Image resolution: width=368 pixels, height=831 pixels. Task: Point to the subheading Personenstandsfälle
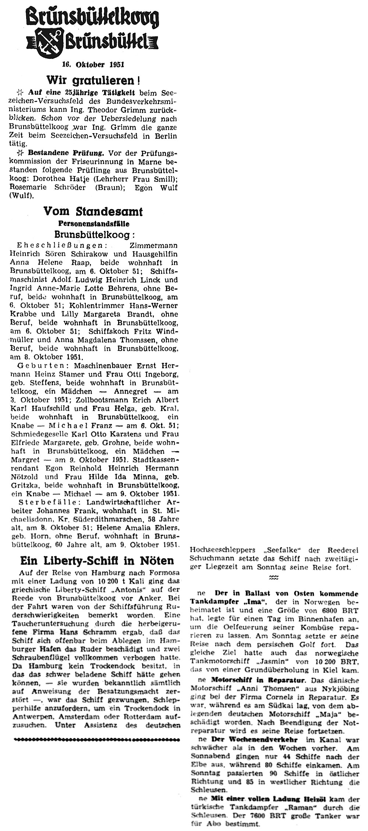[94, 223]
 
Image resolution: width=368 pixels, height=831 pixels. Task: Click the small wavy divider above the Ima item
[273, 577]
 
